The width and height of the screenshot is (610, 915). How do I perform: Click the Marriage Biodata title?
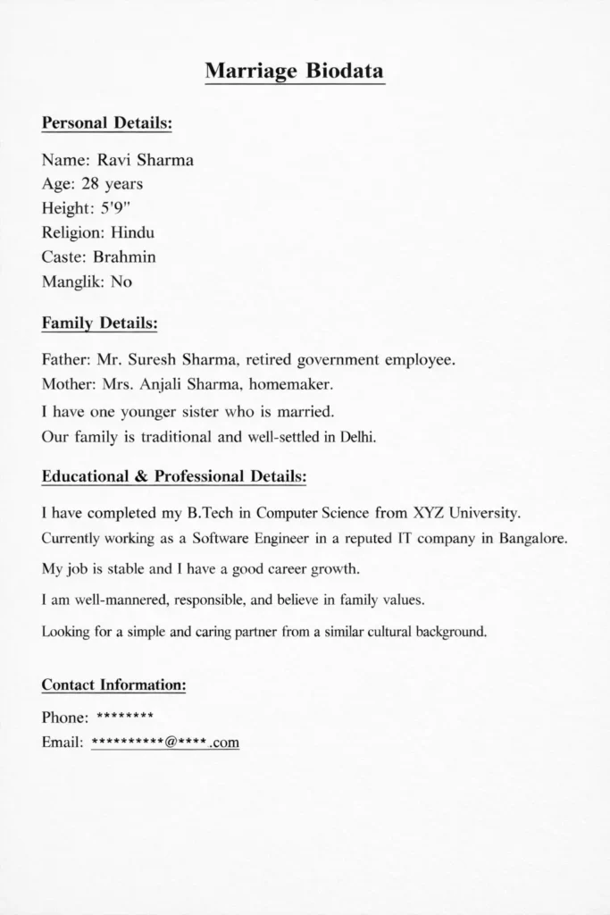(295, 71)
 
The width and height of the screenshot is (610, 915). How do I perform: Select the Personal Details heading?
(107, 122)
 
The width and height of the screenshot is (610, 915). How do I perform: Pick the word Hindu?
(133, 233)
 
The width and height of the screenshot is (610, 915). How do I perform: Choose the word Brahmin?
(125, 257)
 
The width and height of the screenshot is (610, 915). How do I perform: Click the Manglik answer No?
(121, 281)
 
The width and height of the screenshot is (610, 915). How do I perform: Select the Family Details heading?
(100, 322)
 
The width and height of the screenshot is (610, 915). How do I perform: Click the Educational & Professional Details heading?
(174, 477)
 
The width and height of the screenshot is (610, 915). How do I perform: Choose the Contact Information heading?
(114, 685)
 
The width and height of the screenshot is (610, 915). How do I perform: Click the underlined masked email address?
(165, 742)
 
